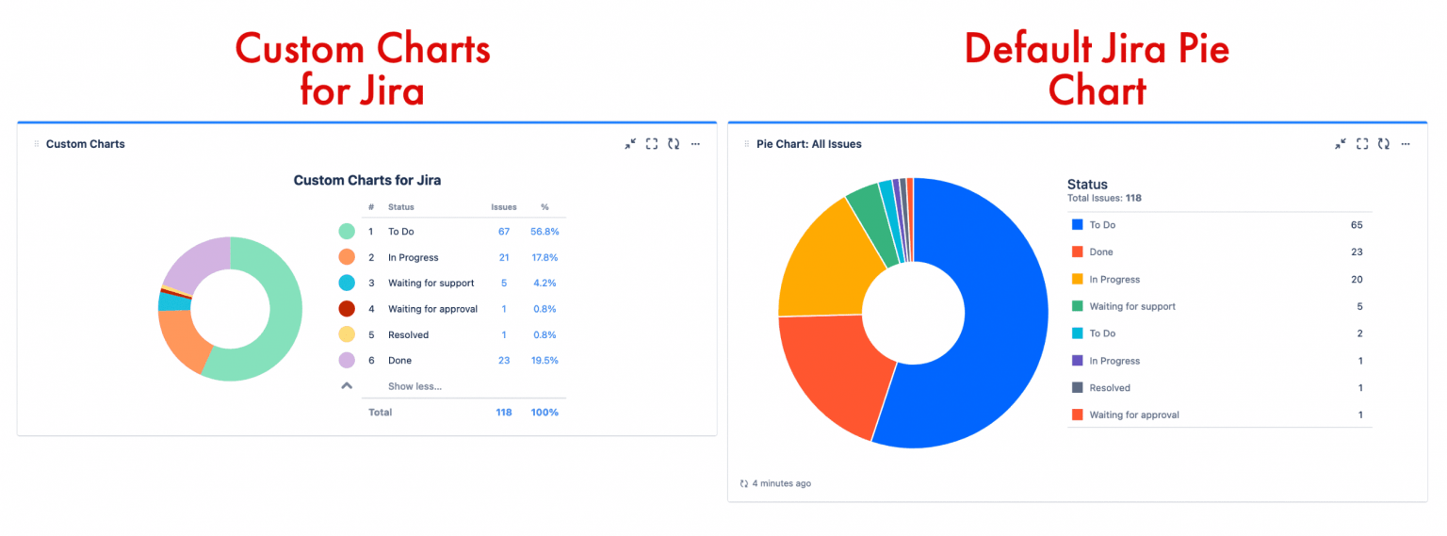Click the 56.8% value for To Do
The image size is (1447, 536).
pyautogui.click(x=544, y=232)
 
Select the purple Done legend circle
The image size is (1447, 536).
pyautogui.click(x=347, y=360)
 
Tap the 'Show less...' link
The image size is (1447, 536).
pyautogui.click(x=415, y=386)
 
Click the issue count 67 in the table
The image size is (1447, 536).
pyautogui.click(x=504, y=232)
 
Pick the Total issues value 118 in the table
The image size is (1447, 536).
pyautogui.click(x=504, y=413)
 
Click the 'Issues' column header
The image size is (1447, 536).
pyautogui.click(x=504, y=207)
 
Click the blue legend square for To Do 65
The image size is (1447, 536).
pyautogui.click(x=1077, y=225)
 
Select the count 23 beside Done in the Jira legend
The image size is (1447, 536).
pyautogui.click(x=1357, y=252)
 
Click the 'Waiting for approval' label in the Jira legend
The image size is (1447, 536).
pyautogui.click(x=1134, y=414)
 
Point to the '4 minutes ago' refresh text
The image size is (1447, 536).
pyautogui.click(x=781, y=483)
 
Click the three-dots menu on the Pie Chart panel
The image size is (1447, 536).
pyautogui.click(x=1406, y=144)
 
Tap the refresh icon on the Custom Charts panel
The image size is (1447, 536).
pyautogui.click(x=674, y=144)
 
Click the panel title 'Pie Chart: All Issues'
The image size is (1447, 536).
pyautogui.click(x=808, y=144)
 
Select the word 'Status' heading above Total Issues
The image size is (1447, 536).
pyautogui.click(x=1087, y=185)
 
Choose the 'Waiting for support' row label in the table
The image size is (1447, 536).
pyautogui.click(x=431, y=283)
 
